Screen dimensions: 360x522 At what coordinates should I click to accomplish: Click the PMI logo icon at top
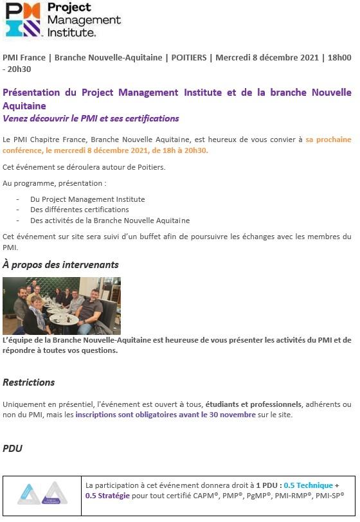24,21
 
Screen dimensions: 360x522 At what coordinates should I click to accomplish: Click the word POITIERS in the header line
190,57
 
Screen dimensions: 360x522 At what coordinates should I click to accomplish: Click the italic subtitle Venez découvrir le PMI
91,118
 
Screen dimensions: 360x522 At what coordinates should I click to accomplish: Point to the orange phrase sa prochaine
328,139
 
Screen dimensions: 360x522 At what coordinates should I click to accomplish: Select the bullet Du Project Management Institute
87,199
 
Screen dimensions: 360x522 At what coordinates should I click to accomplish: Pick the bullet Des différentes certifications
79,210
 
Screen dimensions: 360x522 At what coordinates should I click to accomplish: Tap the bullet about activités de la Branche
110,220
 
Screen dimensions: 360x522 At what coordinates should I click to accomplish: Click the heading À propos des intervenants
60,264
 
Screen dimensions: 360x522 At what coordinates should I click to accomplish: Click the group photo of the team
62,305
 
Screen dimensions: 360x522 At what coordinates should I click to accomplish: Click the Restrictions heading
29,382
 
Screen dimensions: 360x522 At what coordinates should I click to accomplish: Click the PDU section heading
12,448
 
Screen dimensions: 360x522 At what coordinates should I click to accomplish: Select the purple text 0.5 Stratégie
108,496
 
